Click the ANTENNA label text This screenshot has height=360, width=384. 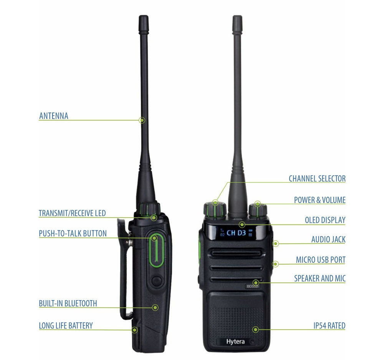click(54, 116)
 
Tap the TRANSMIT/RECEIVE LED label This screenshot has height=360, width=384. click(72, 213)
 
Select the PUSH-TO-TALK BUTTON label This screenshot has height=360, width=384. click(73, 233)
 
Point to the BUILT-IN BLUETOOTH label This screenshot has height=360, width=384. click(68, 304)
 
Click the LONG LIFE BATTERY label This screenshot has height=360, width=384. click(66, 326)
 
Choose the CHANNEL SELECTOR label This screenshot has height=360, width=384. click(317, 178)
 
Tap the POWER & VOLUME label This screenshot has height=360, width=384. click(320, 200)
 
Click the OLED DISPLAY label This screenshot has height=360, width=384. click(325, 220)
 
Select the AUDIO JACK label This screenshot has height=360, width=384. click(328, 239)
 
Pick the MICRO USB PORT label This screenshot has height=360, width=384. click(321, 260)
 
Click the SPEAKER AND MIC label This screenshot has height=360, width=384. click(320, 279)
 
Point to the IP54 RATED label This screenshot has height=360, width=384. click(329, 326)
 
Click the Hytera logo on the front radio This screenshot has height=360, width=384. click(235, 342)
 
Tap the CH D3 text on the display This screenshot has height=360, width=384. click(236, 233)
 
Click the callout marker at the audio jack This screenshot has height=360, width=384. click(275, 243)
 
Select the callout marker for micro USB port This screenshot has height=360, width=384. click(275, 264)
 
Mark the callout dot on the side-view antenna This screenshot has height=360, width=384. click(142, 120)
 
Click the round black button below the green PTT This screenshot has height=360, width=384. click(156, 281)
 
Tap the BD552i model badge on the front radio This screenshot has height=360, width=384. click(253, 286)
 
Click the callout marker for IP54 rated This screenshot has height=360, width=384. click(255, 330)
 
